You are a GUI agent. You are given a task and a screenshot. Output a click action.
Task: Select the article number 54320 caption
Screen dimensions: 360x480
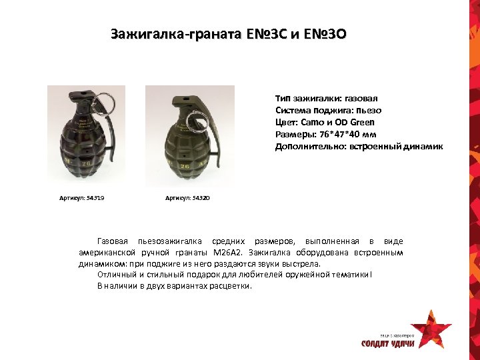tap(187, 198)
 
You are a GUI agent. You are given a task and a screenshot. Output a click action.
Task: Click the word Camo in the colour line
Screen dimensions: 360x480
tap(312, 122)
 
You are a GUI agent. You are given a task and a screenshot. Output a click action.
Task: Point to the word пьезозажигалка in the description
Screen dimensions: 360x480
tap(169, 241)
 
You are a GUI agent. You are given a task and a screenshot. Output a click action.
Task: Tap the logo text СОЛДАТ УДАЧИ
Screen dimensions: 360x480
tap(388, 344)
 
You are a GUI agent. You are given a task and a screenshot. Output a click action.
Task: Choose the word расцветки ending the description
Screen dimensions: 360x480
tap(230, 286)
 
